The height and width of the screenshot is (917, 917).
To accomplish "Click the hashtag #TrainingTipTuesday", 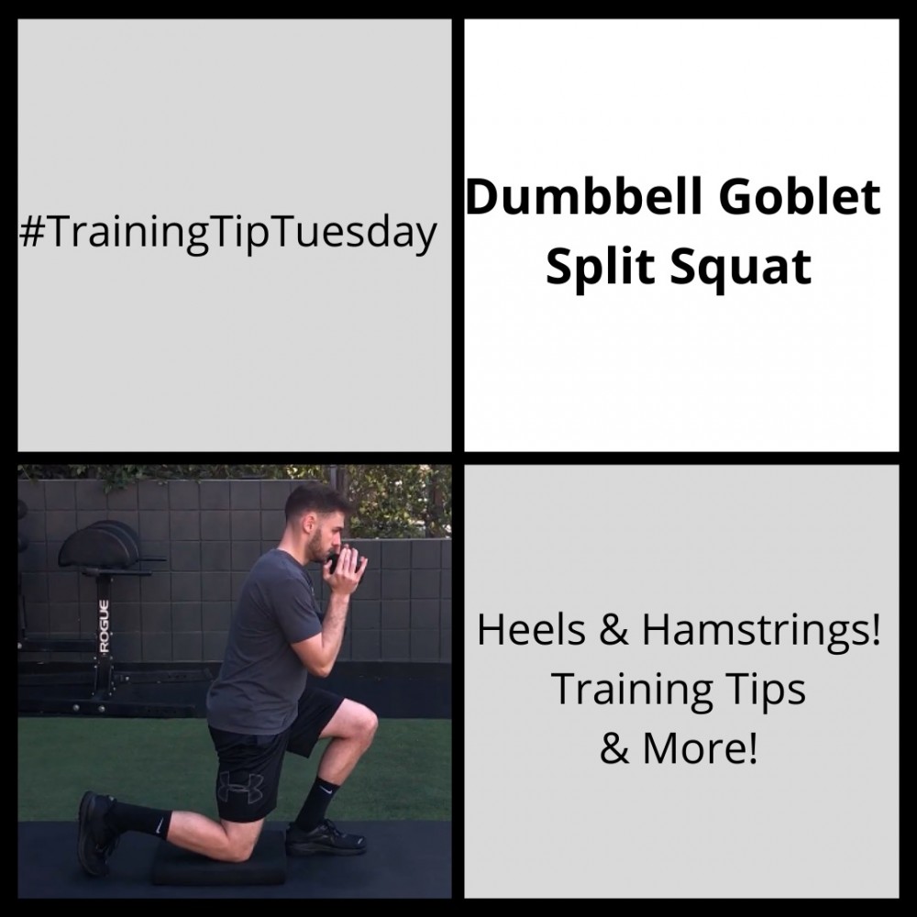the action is (x=227, y=233).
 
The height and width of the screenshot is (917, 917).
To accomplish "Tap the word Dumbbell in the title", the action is (x=583, y=197).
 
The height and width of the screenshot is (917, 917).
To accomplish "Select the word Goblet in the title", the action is (x=800, y=197).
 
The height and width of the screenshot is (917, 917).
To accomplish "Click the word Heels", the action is (x=531, y=630).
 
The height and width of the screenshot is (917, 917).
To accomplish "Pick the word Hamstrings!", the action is (x=761, y=630).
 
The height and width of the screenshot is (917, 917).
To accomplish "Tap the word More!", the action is (x=700, y=747).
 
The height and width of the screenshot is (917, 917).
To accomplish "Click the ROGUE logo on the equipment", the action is (x=104, y=626).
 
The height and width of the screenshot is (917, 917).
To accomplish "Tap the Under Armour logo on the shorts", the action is (x=241, y=788).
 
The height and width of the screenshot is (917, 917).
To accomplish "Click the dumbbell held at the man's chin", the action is (x=342, y=560).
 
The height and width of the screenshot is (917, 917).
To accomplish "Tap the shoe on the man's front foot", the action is (x=326, y=837).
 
